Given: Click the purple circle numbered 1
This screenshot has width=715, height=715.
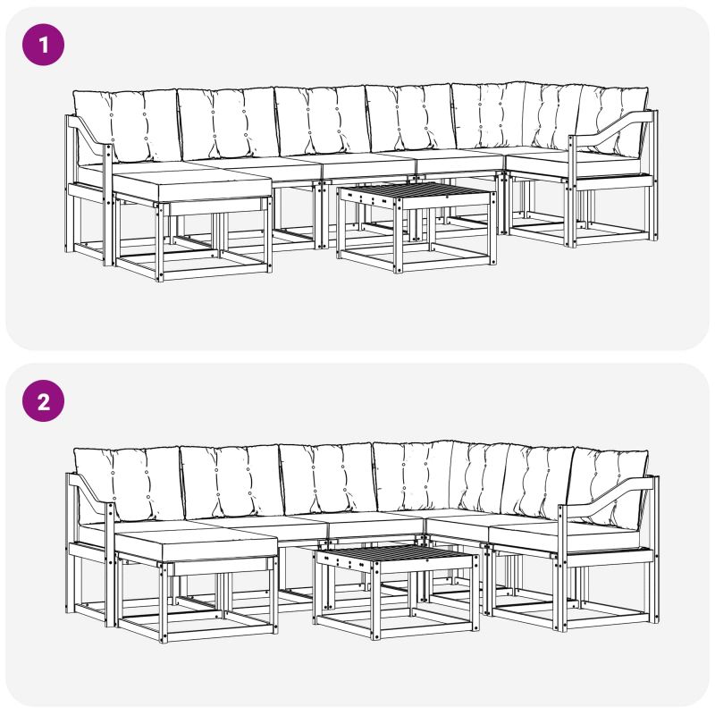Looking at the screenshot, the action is (x=43, y=45).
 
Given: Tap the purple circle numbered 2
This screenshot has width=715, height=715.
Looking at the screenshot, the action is (x=43, y=400).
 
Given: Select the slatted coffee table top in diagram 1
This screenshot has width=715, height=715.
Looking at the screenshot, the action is (x=416, y=191).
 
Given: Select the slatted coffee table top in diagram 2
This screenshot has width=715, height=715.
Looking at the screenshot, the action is (x=394, y=553).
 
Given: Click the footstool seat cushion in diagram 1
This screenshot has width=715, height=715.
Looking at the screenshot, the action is (x=191, y=186).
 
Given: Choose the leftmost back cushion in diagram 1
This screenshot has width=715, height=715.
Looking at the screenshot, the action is (x=125, y=126).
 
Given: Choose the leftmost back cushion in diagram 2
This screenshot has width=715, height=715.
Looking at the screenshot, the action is (x=128, y=484).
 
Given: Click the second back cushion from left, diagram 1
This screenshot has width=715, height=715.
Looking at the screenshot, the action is (x=228, y=123).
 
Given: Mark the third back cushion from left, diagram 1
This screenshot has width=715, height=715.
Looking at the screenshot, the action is (x=322, y=121).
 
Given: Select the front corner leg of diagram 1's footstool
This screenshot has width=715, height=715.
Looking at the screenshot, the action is (x=160, y=242).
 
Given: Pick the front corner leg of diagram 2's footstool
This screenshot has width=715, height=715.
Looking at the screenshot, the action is (x=164, y=602).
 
